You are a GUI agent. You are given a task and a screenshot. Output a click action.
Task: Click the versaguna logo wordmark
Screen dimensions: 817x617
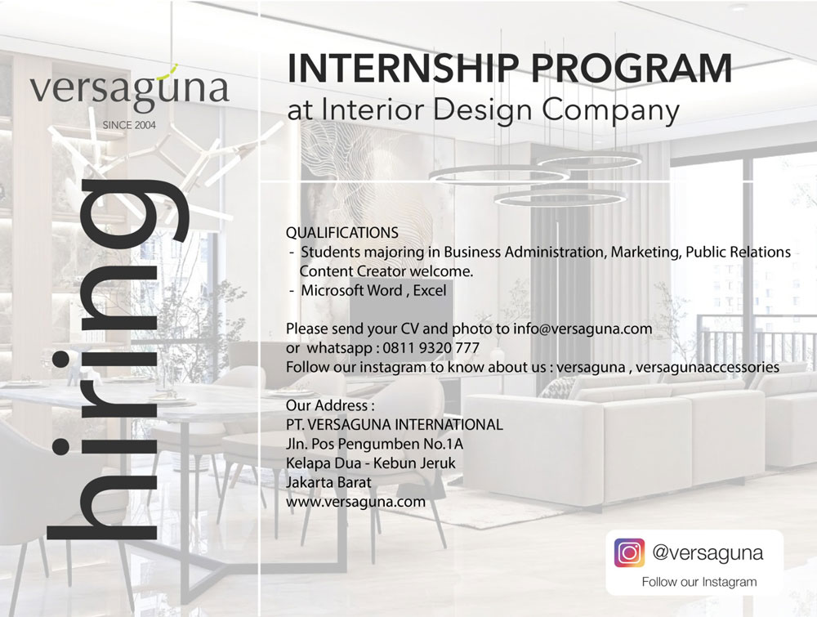pyautogui.click(x=129, y=88)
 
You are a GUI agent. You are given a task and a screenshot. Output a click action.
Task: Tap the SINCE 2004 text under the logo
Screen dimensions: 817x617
pyautogui.click(x=129, y=125)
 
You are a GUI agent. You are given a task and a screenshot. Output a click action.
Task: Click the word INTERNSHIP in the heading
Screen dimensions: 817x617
pyautogui.click(x=403, y=69)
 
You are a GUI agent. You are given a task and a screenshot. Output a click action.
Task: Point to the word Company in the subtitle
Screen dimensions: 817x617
pyautogui.click(x=610, y=111)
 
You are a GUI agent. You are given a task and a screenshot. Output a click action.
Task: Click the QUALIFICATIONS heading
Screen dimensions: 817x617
pyautogui.click(x=342, y=232)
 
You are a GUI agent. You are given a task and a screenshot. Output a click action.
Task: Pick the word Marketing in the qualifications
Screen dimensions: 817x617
pyautogui.click(x=645, y=253)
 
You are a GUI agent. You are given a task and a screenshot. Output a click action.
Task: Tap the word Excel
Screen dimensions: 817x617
pyautogui.click(x=430, y=290)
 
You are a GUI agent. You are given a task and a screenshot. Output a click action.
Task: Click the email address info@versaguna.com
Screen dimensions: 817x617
pyautogui.click(x=583, y=329)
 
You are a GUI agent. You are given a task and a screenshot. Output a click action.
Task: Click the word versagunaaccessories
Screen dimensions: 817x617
pyautogui.click(x=707, y=368)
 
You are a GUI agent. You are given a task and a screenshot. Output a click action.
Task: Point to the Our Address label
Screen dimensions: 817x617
pyautogui.click(x=330, y=405)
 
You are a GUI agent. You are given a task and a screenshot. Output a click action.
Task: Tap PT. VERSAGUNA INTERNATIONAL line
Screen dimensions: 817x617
pyautogui.click(x=395, y=425)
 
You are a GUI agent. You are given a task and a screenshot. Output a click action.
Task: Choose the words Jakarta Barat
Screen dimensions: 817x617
pyautogui.click(x=328, y=482)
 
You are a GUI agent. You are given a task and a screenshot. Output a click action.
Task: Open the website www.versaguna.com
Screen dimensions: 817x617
pyautogui.click(x=355, y=502)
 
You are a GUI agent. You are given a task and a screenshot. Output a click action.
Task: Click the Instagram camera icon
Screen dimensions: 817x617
pyautogui.click(x=629, y=553)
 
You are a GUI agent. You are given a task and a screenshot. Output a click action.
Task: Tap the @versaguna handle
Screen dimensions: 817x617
pyautogui.click(x=708, y=553)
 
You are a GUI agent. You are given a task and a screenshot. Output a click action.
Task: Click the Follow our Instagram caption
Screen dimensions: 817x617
pyautogui.click(x=699, y=582)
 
